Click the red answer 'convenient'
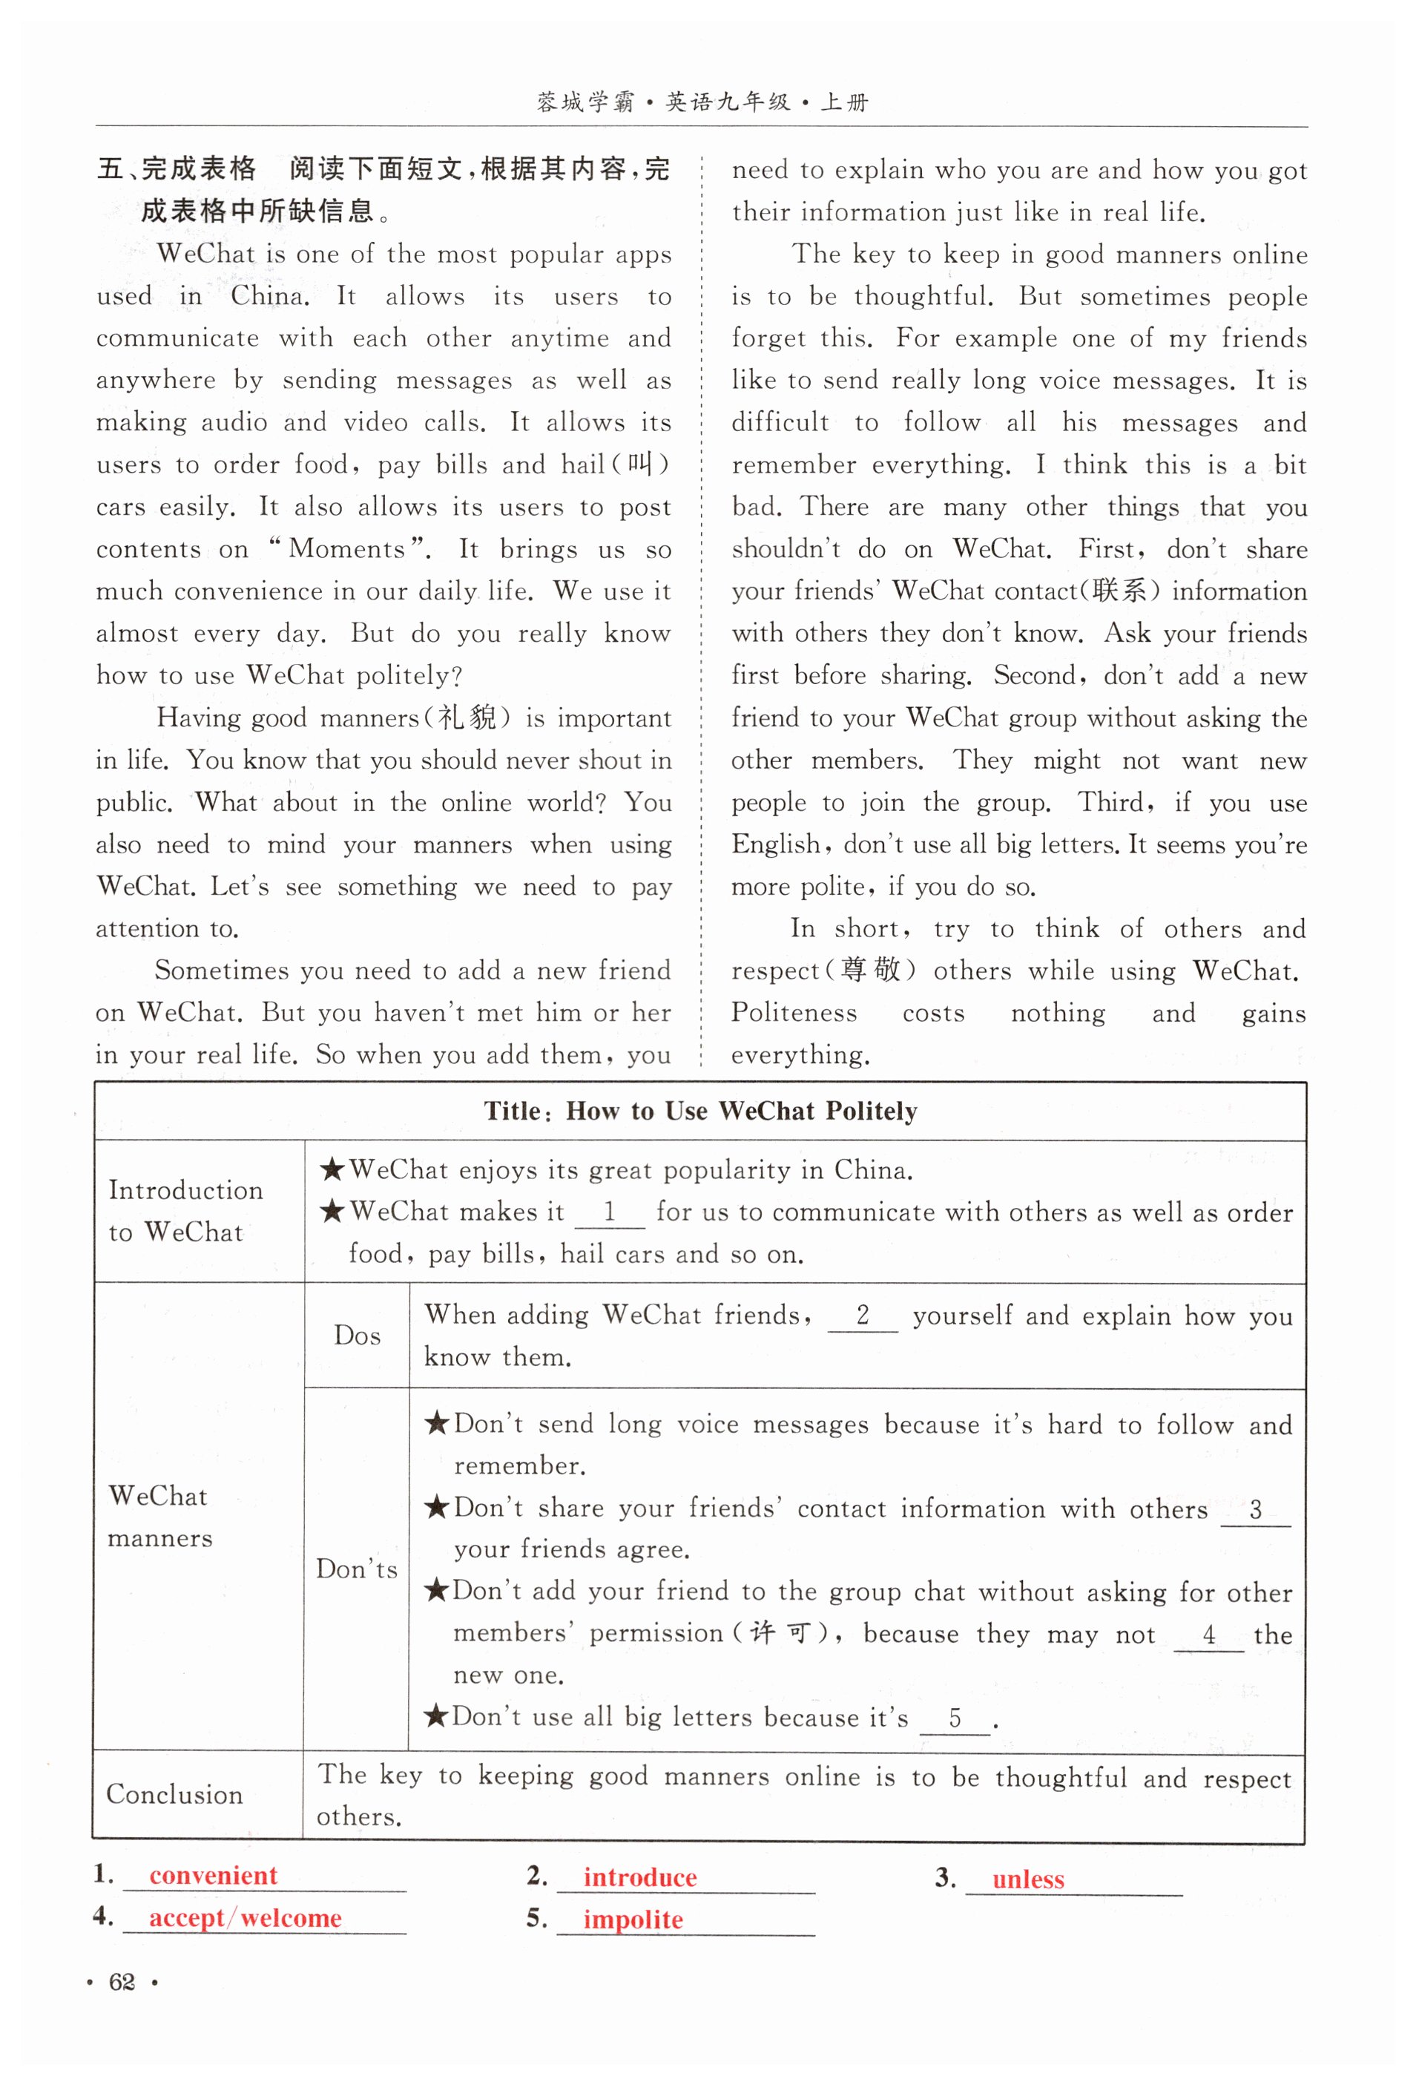click(x=214, y=1874)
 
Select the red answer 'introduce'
click(x=639, y=1876)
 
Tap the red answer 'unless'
click(x=1028, y=1879)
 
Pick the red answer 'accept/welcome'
click(x=245, y=1917)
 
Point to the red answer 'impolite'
click(x=633, y=1919)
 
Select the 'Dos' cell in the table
click(x=357, y=1335)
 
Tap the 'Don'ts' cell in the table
click(x=356, y=1569)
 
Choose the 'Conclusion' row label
click(x=175, y=1793)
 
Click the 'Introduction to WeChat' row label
click(x=185, y=1210)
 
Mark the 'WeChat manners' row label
click(x=159, y=1516)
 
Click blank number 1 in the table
click(x=609, y=1213)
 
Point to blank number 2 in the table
click(x=863, y=1316)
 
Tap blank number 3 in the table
click(x=1256, y=1510)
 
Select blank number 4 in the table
click(x=1209, y=1635)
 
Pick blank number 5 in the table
click(x=955, y=1718)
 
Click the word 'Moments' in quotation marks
click(x=347, y=549)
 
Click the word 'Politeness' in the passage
click(x=794, y=1013)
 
